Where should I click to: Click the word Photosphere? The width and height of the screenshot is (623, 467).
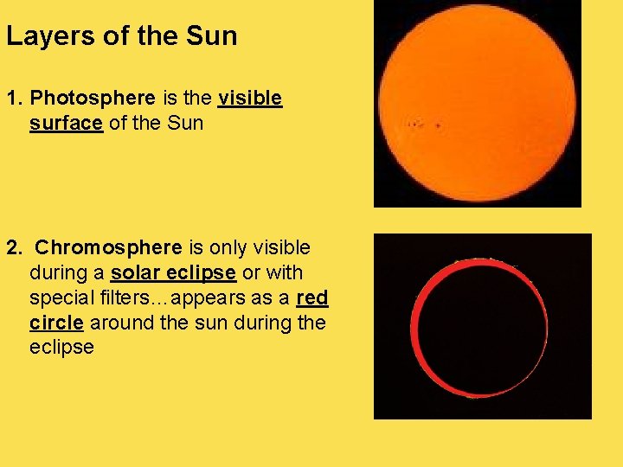[93, 98]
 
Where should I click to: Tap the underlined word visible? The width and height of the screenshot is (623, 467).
[250, 98]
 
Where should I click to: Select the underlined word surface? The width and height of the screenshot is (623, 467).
[66, 123]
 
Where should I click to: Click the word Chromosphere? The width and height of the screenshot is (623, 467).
[108, 247]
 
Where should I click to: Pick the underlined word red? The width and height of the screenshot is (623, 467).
[312, 297]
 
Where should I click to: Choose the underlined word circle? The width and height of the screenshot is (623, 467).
[56, 323]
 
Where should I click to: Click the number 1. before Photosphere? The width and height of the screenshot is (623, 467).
[14, 98]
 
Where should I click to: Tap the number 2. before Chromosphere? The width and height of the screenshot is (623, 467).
[14, 247]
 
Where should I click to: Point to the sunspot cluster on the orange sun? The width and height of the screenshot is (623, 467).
[419, 125]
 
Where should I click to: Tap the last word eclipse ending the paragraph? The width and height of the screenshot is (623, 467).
[61, 347]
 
